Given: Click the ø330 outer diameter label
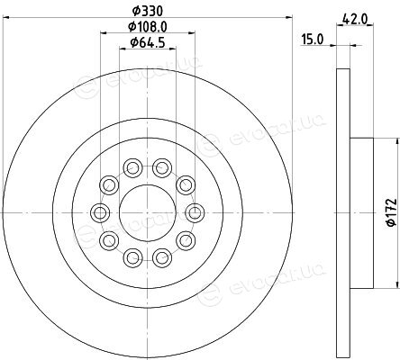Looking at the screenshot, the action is [148, 12].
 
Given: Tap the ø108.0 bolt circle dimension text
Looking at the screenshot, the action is [148, 27].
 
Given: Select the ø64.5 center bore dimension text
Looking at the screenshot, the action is [148, 43].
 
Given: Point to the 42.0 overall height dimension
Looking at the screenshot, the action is [355, 20].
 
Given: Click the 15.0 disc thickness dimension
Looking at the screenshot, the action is [313, 40].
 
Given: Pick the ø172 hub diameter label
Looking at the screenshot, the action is [391, 212].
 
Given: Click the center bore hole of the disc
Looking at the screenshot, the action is [148, 212].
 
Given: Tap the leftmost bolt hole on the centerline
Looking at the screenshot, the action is [100, 212].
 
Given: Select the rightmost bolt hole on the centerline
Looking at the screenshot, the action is [195, 212].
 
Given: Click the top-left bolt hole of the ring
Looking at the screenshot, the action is [132, 167].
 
